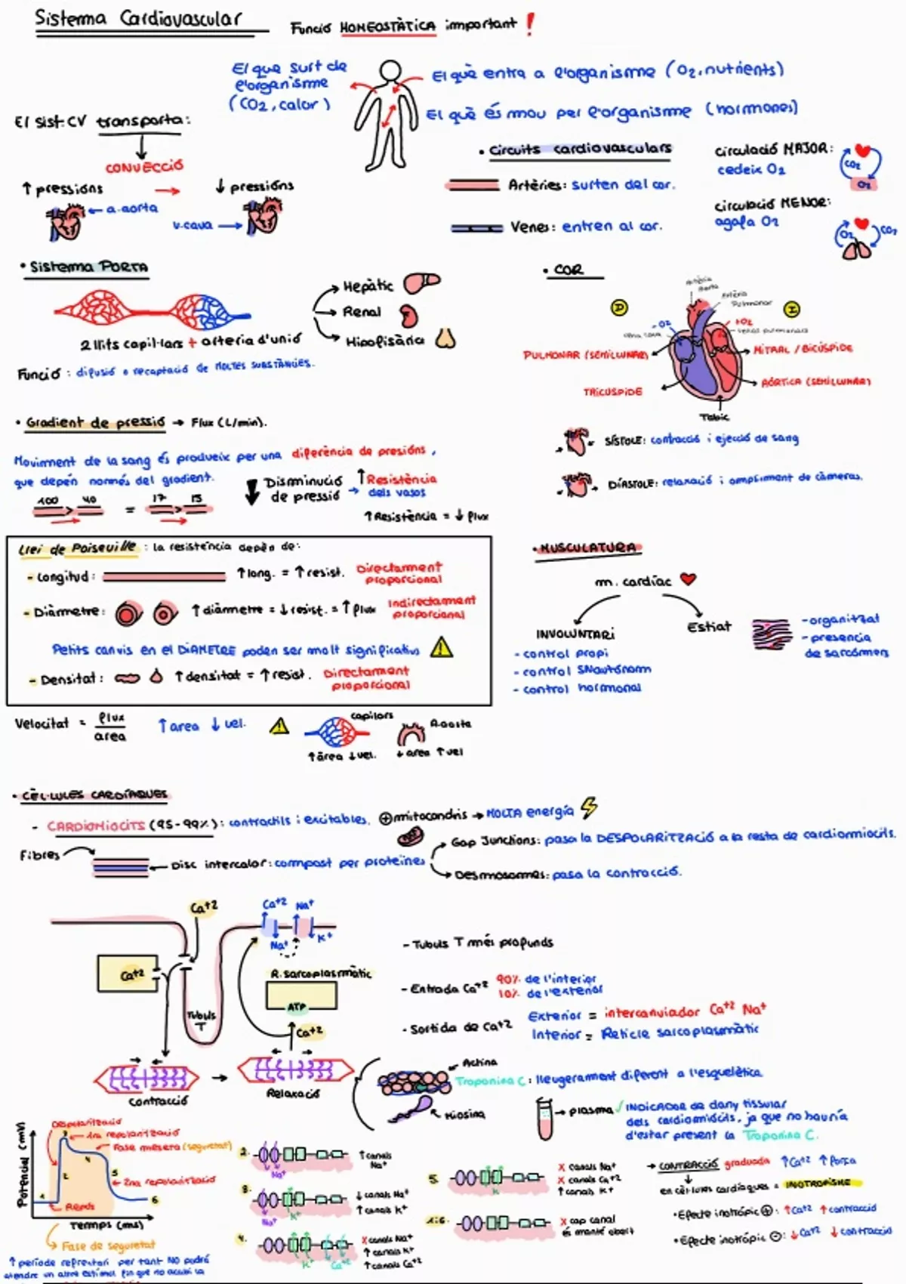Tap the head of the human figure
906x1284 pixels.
(390, 73)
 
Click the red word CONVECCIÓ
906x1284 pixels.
(144, 166)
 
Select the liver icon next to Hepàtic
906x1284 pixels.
(421, 283)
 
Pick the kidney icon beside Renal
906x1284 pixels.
(408, 314)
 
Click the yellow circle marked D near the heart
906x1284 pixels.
(619, 308)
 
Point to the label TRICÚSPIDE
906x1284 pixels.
(612, 392)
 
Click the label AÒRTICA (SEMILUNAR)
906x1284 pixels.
(815, 382)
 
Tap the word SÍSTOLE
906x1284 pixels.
(624, 440)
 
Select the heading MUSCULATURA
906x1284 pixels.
(588, 548)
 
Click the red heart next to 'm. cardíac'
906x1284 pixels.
(688, 579)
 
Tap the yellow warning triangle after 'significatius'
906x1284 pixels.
(442, 647)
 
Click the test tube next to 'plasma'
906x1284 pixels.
(544, 1119)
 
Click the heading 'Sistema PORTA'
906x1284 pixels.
(88, 267)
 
